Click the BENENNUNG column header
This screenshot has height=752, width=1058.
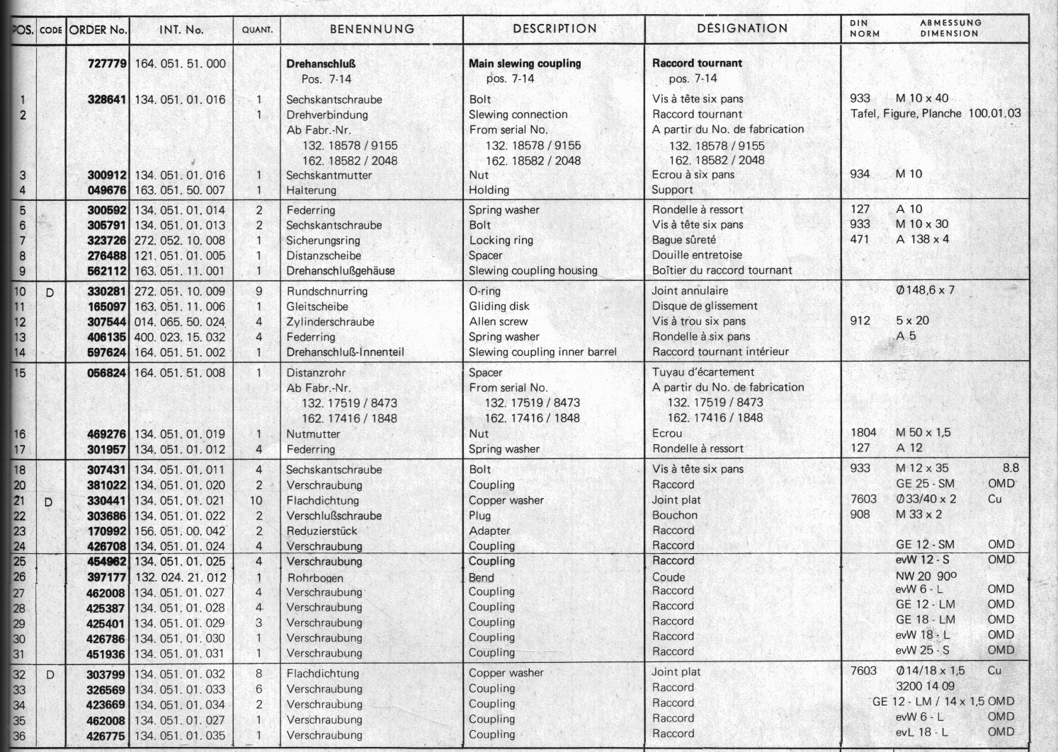point(372,29)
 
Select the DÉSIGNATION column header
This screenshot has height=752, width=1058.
point(742,28)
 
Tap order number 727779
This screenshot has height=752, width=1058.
point(107,64)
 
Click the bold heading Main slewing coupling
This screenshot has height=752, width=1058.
point(525,64)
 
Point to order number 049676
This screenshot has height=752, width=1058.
point(107,190)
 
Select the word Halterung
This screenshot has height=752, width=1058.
point(312,190)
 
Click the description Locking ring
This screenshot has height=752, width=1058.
point(501,241)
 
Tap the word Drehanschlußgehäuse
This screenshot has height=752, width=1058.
point(341,271)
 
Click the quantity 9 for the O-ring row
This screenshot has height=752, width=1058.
point(259,291)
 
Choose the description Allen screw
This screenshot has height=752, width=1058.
point(499,322)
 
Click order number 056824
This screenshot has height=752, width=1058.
point(107,373)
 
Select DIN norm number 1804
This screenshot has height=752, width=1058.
point(863,432)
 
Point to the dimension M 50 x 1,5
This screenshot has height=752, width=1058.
point(923,432)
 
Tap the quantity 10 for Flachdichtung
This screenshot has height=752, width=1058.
point(256,501)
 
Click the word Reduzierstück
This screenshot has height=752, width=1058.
point(322,531)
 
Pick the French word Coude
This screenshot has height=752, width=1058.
point(669,577)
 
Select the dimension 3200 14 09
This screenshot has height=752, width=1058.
point(925,686)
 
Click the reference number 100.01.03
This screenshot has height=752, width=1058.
point(994,113)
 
